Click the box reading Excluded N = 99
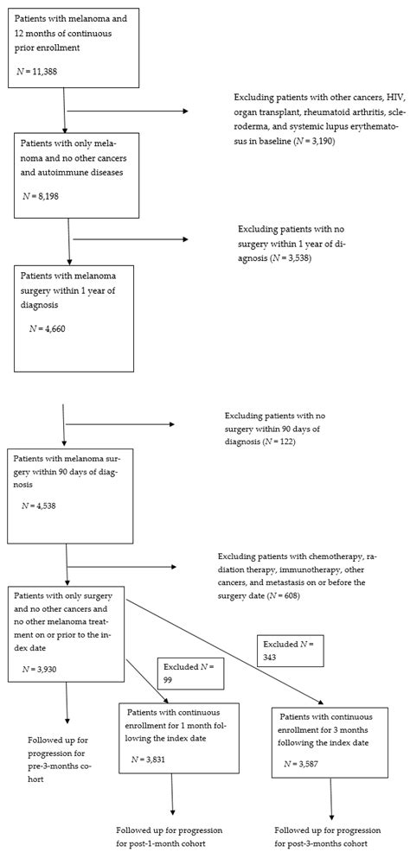tap(191, 673)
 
